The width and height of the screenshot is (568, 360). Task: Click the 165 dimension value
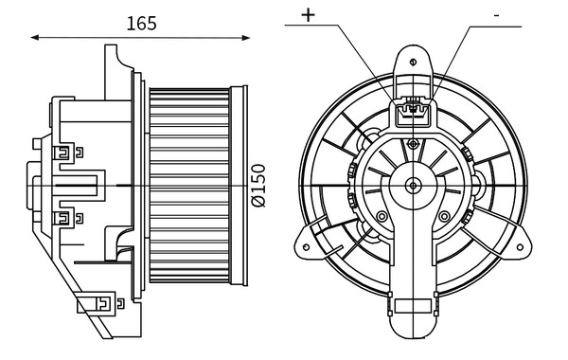click(x=142, y=23)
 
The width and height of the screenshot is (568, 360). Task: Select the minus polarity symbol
click(x=496, y=16)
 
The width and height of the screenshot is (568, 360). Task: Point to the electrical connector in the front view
click(x=413, y=114)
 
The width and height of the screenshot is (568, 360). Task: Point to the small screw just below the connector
click(x=413, y=143)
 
